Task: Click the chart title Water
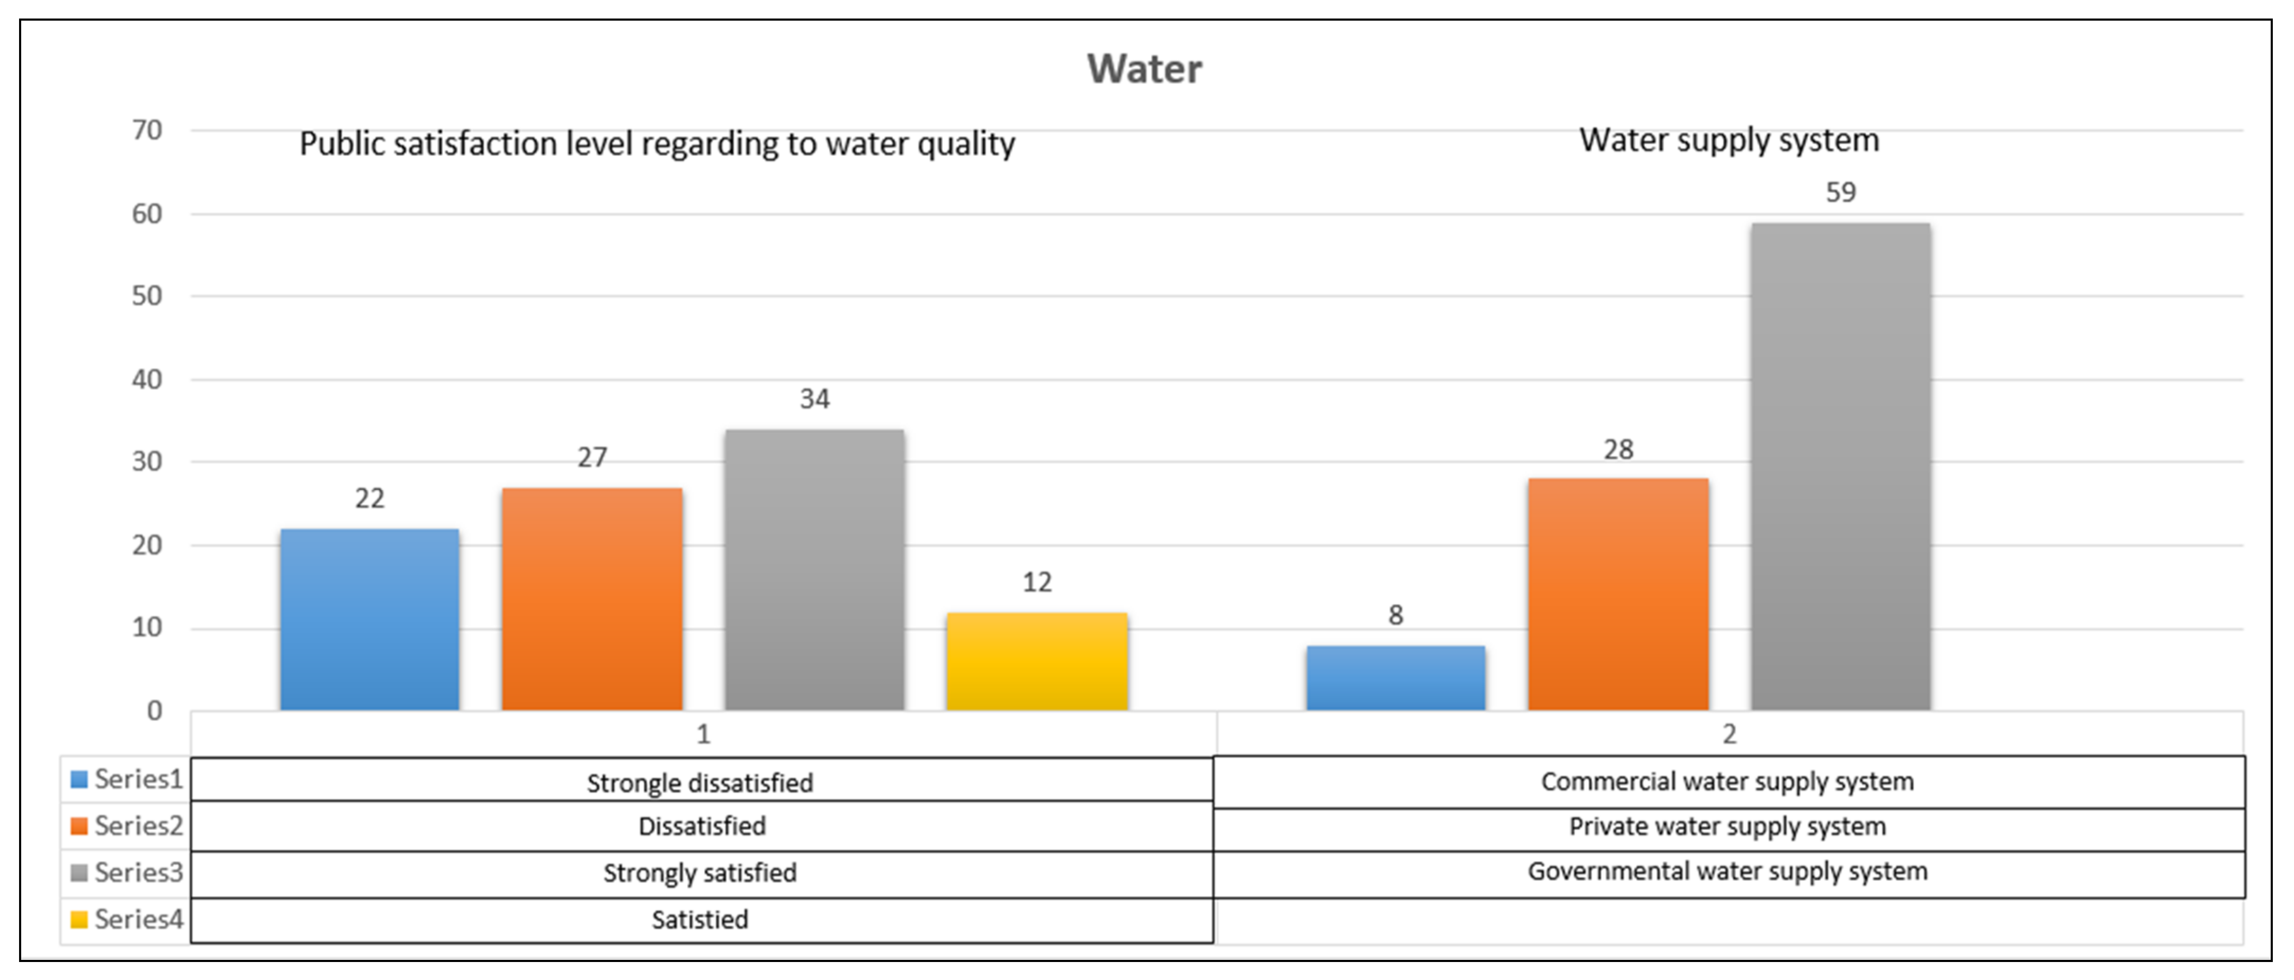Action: [x=1144, y=69]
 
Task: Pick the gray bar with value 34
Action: [x=814, y=570]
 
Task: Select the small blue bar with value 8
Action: [x=1395, y=678]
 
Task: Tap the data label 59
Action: [x=1841, y=192]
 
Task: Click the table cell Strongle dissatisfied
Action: [x=700, y=783]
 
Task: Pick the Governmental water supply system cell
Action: [x=1727, y=872]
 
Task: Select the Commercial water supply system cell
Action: [x=1727, y=782]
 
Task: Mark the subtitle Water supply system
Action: [x=1730, y=141]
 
